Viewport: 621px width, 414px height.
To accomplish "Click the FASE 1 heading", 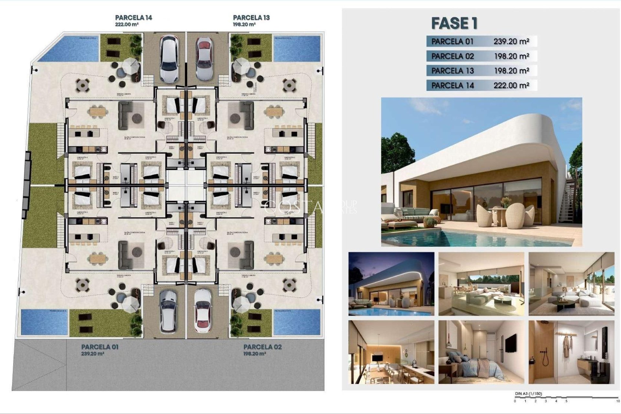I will click(x=454, y=23).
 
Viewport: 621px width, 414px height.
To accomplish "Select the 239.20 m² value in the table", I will click(x=511, y=41).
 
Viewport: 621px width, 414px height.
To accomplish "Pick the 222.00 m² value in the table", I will click(x=511, y=85).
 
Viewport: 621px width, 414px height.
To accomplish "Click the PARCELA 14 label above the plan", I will click(x=134, y=18).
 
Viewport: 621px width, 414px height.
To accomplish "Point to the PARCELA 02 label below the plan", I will click(x=262, y=347).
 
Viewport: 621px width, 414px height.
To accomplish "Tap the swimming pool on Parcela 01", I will click(x=44, y=322).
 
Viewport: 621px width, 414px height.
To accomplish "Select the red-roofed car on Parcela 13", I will click(x=204, y=58).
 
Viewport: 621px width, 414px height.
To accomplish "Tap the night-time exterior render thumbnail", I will click(x=391, y=284).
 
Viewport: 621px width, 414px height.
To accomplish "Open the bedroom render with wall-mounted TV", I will click(x=481, y=352).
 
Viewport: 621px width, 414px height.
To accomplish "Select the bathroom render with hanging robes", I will click(x=571, y=352).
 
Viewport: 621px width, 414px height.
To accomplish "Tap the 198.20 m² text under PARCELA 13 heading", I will click(x=244, y=24).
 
